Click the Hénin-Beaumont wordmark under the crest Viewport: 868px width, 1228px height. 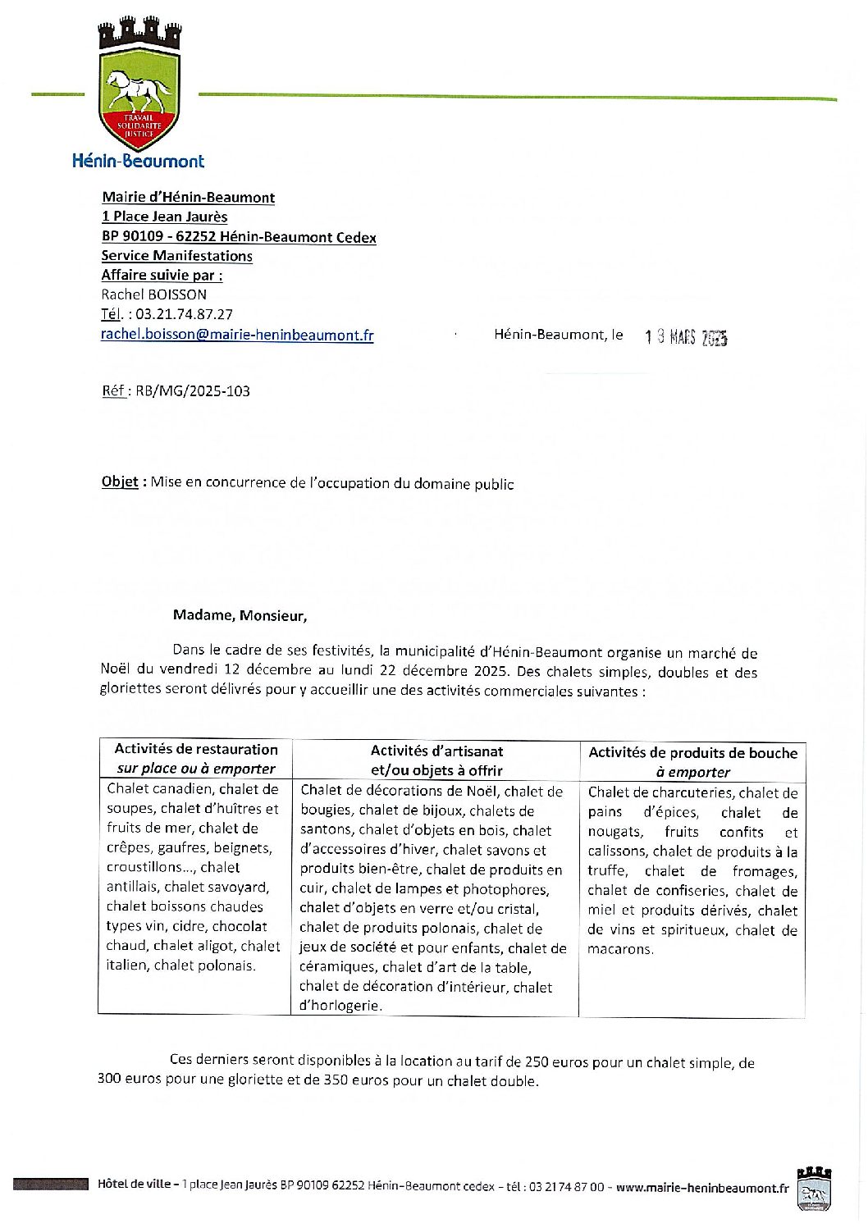pos(138,162)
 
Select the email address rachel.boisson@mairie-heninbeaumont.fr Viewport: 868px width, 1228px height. pos(237,335)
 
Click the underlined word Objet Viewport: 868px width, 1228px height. pos(120,482)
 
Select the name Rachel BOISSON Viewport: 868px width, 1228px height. pos(154,294)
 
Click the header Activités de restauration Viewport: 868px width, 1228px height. pos(196,749)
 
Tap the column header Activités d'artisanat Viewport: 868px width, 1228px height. pos(436,751)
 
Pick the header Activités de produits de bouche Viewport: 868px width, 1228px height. pos(692,753)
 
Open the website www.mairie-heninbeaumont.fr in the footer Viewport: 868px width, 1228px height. pos(701,1187)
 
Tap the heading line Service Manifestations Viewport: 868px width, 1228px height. pos(176,256)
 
